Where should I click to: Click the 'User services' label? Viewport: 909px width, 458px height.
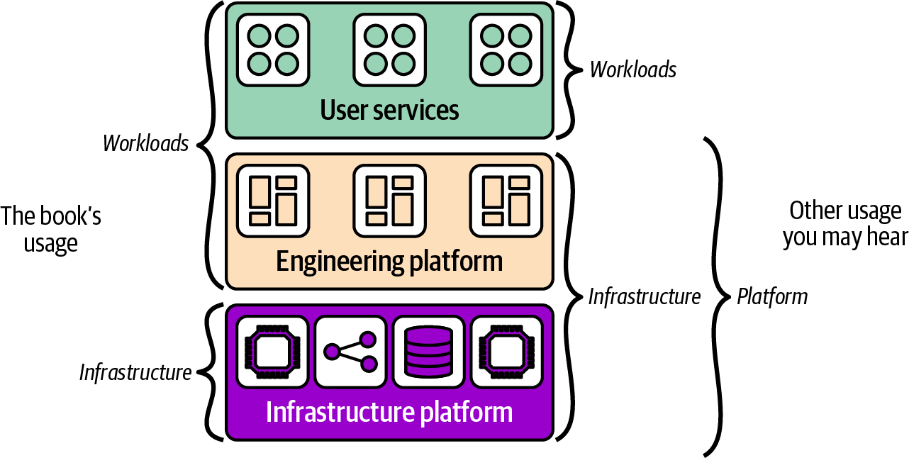(x=389, y=111)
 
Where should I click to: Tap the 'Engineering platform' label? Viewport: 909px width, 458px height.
(x=389, y=261)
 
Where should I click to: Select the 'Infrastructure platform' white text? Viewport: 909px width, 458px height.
(x=389, y=412)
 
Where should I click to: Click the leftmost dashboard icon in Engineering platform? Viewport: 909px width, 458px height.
(x=273, y=201)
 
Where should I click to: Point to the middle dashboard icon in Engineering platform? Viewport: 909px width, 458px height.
(x=389, y=201)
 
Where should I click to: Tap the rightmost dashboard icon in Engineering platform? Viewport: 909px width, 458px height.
(x=506, y=201)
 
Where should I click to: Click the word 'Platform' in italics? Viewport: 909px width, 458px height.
(x=772, y=296)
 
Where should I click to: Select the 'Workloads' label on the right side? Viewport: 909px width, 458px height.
(x=633, y=69)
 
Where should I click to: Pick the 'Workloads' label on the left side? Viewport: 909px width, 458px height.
(x=146, y=143)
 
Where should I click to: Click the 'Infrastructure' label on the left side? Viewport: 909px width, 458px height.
(x=135, y=372)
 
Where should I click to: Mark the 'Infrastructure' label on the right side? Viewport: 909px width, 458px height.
(x=645, y=296)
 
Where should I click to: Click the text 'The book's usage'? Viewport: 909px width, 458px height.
(x=51, y=229)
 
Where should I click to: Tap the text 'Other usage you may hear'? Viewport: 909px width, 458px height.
(x=845, y=224)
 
